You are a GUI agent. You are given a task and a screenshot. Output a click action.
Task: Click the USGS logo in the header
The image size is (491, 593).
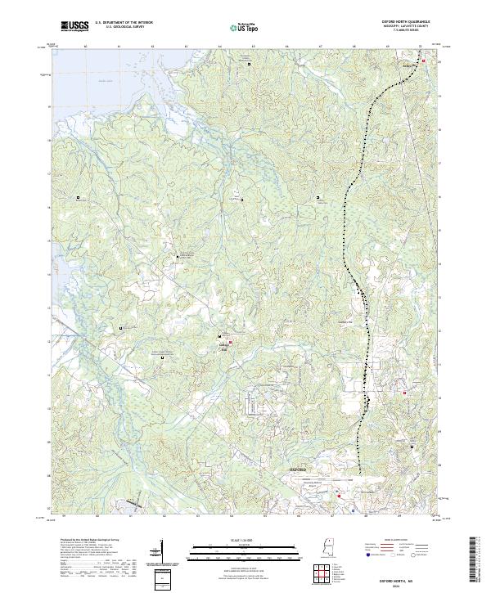(x=74, y=25)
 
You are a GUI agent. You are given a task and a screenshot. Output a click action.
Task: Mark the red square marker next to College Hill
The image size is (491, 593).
(x=231, y=342)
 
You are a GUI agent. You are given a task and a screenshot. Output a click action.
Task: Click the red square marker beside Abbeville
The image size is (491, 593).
(x=423, y=60)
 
